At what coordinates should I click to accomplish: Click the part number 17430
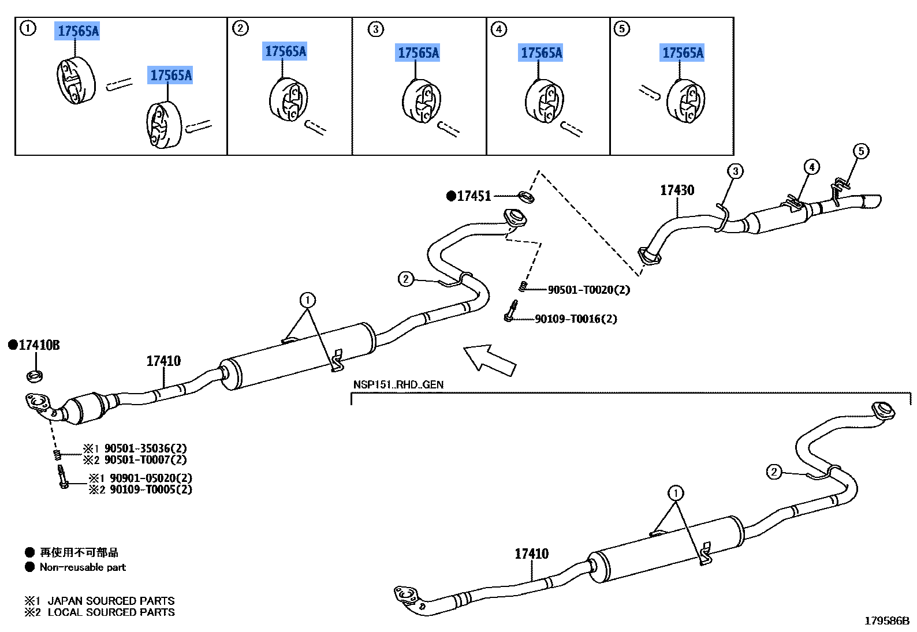[677, 190]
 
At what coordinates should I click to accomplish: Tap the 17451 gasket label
[474, 196]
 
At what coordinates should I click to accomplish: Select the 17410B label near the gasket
[39, 345]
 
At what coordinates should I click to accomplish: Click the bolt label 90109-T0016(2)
[576, 319]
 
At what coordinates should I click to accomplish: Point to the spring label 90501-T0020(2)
[589, 290]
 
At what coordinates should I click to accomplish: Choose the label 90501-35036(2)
[146, 448]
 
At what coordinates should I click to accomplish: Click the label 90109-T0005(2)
[151, 489]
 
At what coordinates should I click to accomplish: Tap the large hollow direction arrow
[490, 360]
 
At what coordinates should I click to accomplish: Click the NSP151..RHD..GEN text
[398, 384]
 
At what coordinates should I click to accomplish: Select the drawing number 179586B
[887, 621]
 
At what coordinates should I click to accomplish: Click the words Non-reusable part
[83, 567]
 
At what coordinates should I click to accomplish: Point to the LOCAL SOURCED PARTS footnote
[111, 612]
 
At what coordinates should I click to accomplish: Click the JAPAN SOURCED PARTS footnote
[111, 601]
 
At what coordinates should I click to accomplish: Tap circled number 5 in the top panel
[622, 29]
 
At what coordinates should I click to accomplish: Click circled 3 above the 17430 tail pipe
[735, 171]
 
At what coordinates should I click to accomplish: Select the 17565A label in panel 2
[285, 51]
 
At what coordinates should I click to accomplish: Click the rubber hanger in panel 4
[544, 101]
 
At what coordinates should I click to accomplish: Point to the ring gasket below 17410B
[35, 376]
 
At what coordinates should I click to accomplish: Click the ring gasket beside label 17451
[526, 197]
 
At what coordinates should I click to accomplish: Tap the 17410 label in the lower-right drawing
[531, 554]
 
